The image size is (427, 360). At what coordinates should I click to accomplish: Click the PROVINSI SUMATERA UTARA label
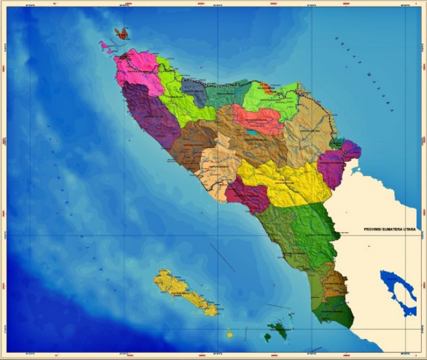(390, 230)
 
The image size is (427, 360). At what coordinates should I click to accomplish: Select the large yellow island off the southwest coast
(184, 293)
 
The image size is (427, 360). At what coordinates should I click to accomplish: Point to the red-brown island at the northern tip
(121, 33)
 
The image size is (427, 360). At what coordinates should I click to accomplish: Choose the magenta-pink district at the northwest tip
(137, 68)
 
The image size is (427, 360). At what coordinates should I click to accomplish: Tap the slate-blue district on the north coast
(194, 92)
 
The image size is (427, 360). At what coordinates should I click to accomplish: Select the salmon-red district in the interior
(258, 120)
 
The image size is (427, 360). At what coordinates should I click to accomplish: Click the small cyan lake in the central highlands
(252, 132)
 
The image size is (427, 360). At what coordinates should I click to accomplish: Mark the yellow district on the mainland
(288, 181)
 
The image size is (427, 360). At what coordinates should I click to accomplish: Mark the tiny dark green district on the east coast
(337, 143)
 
